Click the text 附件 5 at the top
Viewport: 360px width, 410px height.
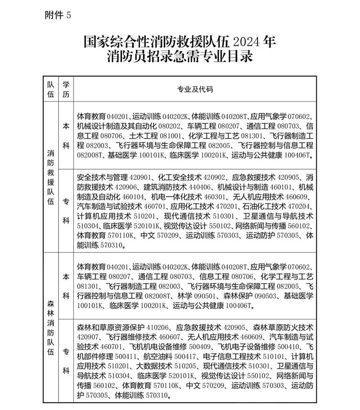[58, 15]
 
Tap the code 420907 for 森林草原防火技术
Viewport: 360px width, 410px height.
[90, 337]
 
